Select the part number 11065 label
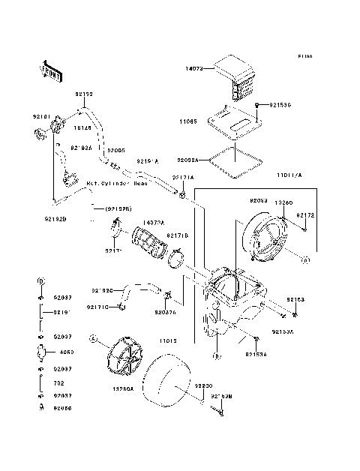click(x=187, y=120)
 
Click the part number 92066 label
click(x=63, y=408)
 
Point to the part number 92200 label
click(x=205, y=384)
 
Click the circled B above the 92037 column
click(x=39, y=280)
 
